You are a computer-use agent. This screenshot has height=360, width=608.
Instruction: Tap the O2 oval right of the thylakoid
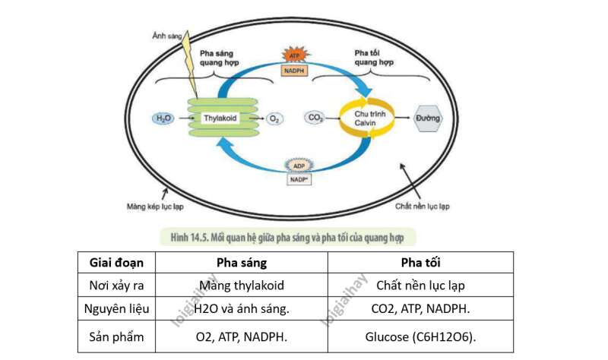[275, 119]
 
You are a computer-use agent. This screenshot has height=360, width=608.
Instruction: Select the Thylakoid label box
[221, 118]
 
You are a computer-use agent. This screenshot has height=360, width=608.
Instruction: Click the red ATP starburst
[294, 55]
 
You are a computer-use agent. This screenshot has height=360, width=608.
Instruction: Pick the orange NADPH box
[294, 70]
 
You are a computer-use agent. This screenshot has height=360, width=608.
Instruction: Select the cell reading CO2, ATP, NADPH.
[420, 310]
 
